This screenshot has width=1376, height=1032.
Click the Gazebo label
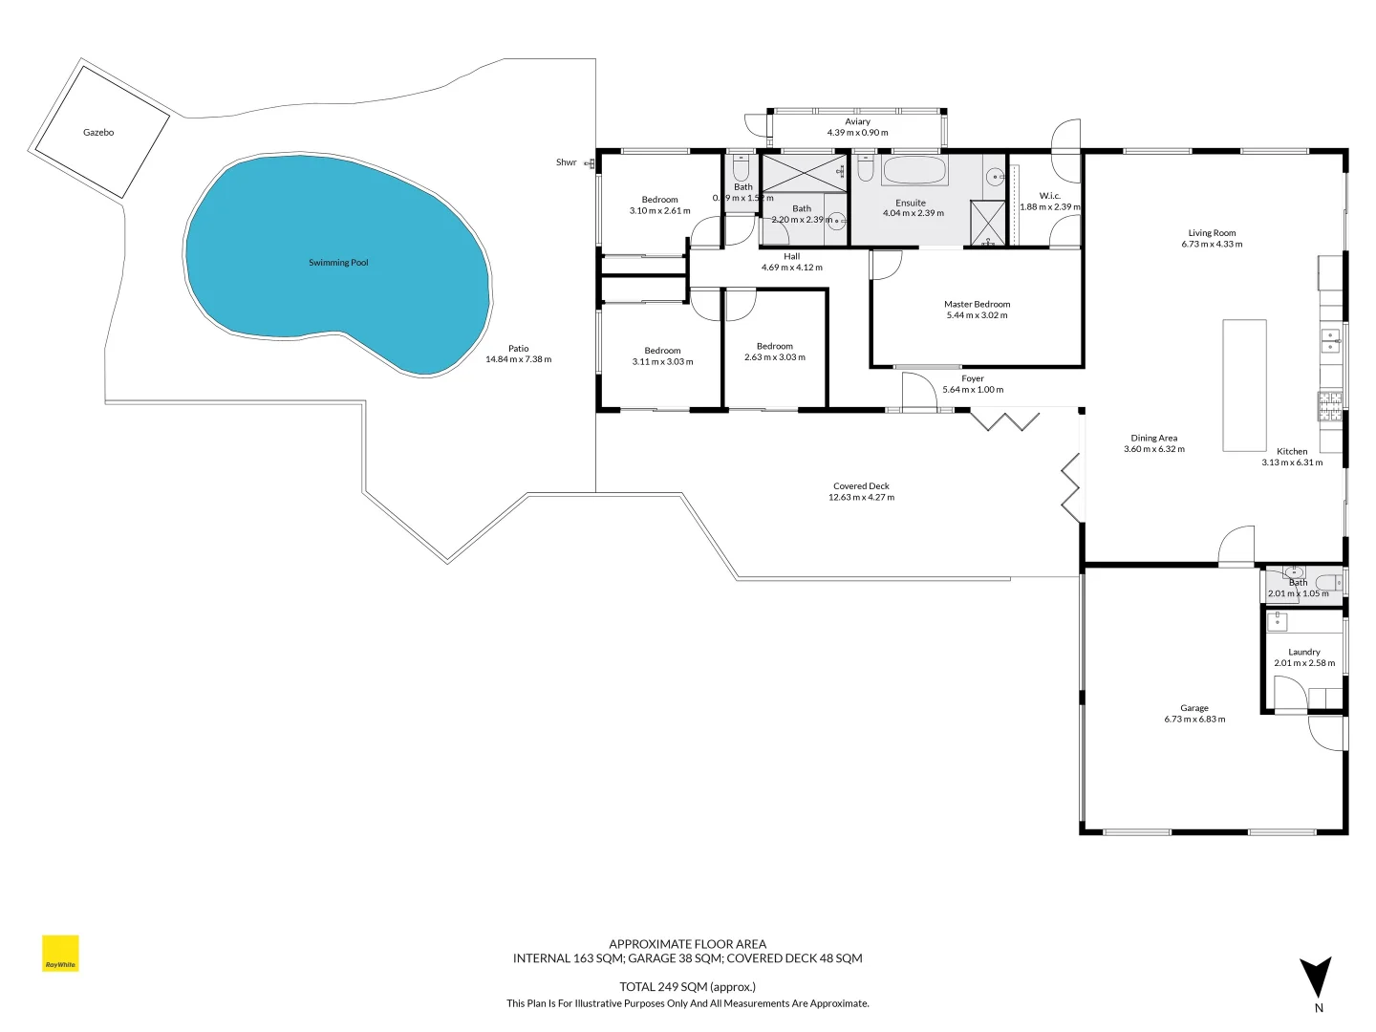(98, 133)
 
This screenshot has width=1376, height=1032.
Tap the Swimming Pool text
(338, 263)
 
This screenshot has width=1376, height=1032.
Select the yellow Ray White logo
(60, 954)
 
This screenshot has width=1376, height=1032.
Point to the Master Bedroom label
(977, 305)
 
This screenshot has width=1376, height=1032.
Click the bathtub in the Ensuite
(914, 171)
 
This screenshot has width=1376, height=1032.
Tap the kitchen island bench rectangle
(1244, 385)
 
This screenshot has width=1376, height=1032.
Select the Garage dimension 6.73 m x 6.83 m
(1194, 720)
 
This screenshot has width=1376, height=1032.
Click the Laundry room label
(1303, 652)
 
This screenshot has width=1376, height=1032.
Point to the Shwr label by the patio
(567, 162)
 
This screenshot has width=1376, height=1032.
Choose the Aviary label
(857, 121)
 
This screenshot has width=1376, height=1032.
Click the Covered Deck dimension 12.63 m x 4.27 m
(861, 498)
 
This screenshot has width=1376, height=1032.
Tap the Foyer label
(973, 378)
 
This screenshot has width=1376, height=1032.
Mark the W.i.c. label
(1049, 196)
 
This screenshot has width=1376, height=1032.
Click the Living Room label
(1212, 233)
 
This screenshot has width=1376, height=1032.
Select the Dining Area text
(1153, 438)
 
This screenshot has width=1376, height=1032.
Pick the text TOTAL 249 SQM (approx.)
(687, 987)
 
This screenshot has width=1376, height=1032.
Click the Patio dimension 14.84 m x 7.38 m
(518, 360)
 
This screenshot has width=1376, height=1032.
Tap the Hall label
(791, 256)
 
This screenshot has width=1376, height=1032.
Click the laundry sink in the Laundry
(1278, 622)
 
